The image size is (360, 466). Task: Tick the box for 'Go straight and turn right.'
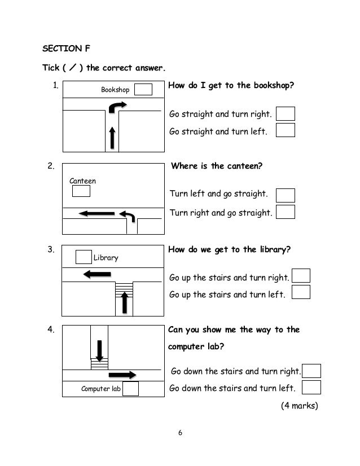click(x=286, y=114)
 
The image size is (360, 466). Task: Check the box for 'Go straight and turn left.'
click(x=286, y=130)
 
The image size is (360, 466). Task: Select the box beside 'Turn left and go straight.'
click(x=286, y=195)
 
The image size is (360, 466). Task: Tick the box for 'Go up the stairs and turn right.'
click(x=302, y=276)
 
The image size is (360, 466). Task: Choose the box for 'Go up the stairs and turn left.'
click(x=302, y=292)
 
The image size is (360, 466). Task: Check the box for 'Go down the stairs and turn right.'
click(x=311, y=371)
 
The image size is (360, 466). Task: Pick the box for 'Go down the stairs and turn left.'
click(x=311, y=387)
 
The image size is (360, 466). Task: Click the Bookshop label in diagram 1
click(x=115, y=90)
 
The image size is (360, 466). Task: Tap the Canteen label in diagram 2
click(x=82, y=181)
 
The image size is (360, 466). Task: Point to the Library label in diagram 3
click(x=106, y=258)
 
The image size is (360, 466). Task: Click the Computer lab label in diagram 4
click(x=101, y=388)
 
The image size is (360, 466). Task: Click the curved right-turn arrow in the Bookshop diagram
click(x=118, y=106)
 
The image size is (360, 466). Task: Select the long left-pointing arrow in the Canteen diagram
click(x=98, y=213)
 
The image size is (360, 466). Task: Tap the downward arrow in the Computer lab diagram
click(x=99, y=350)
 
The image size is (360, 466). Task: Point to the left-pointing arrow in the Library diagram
click(x=96, y=274)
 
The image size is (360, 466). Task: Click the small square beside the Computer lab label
click(x=130, y=388)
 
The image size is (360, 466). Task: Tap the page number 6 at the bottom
click(x=180, y=433)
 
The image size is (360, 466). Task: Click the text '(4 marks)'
click(x=299, y=405)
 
